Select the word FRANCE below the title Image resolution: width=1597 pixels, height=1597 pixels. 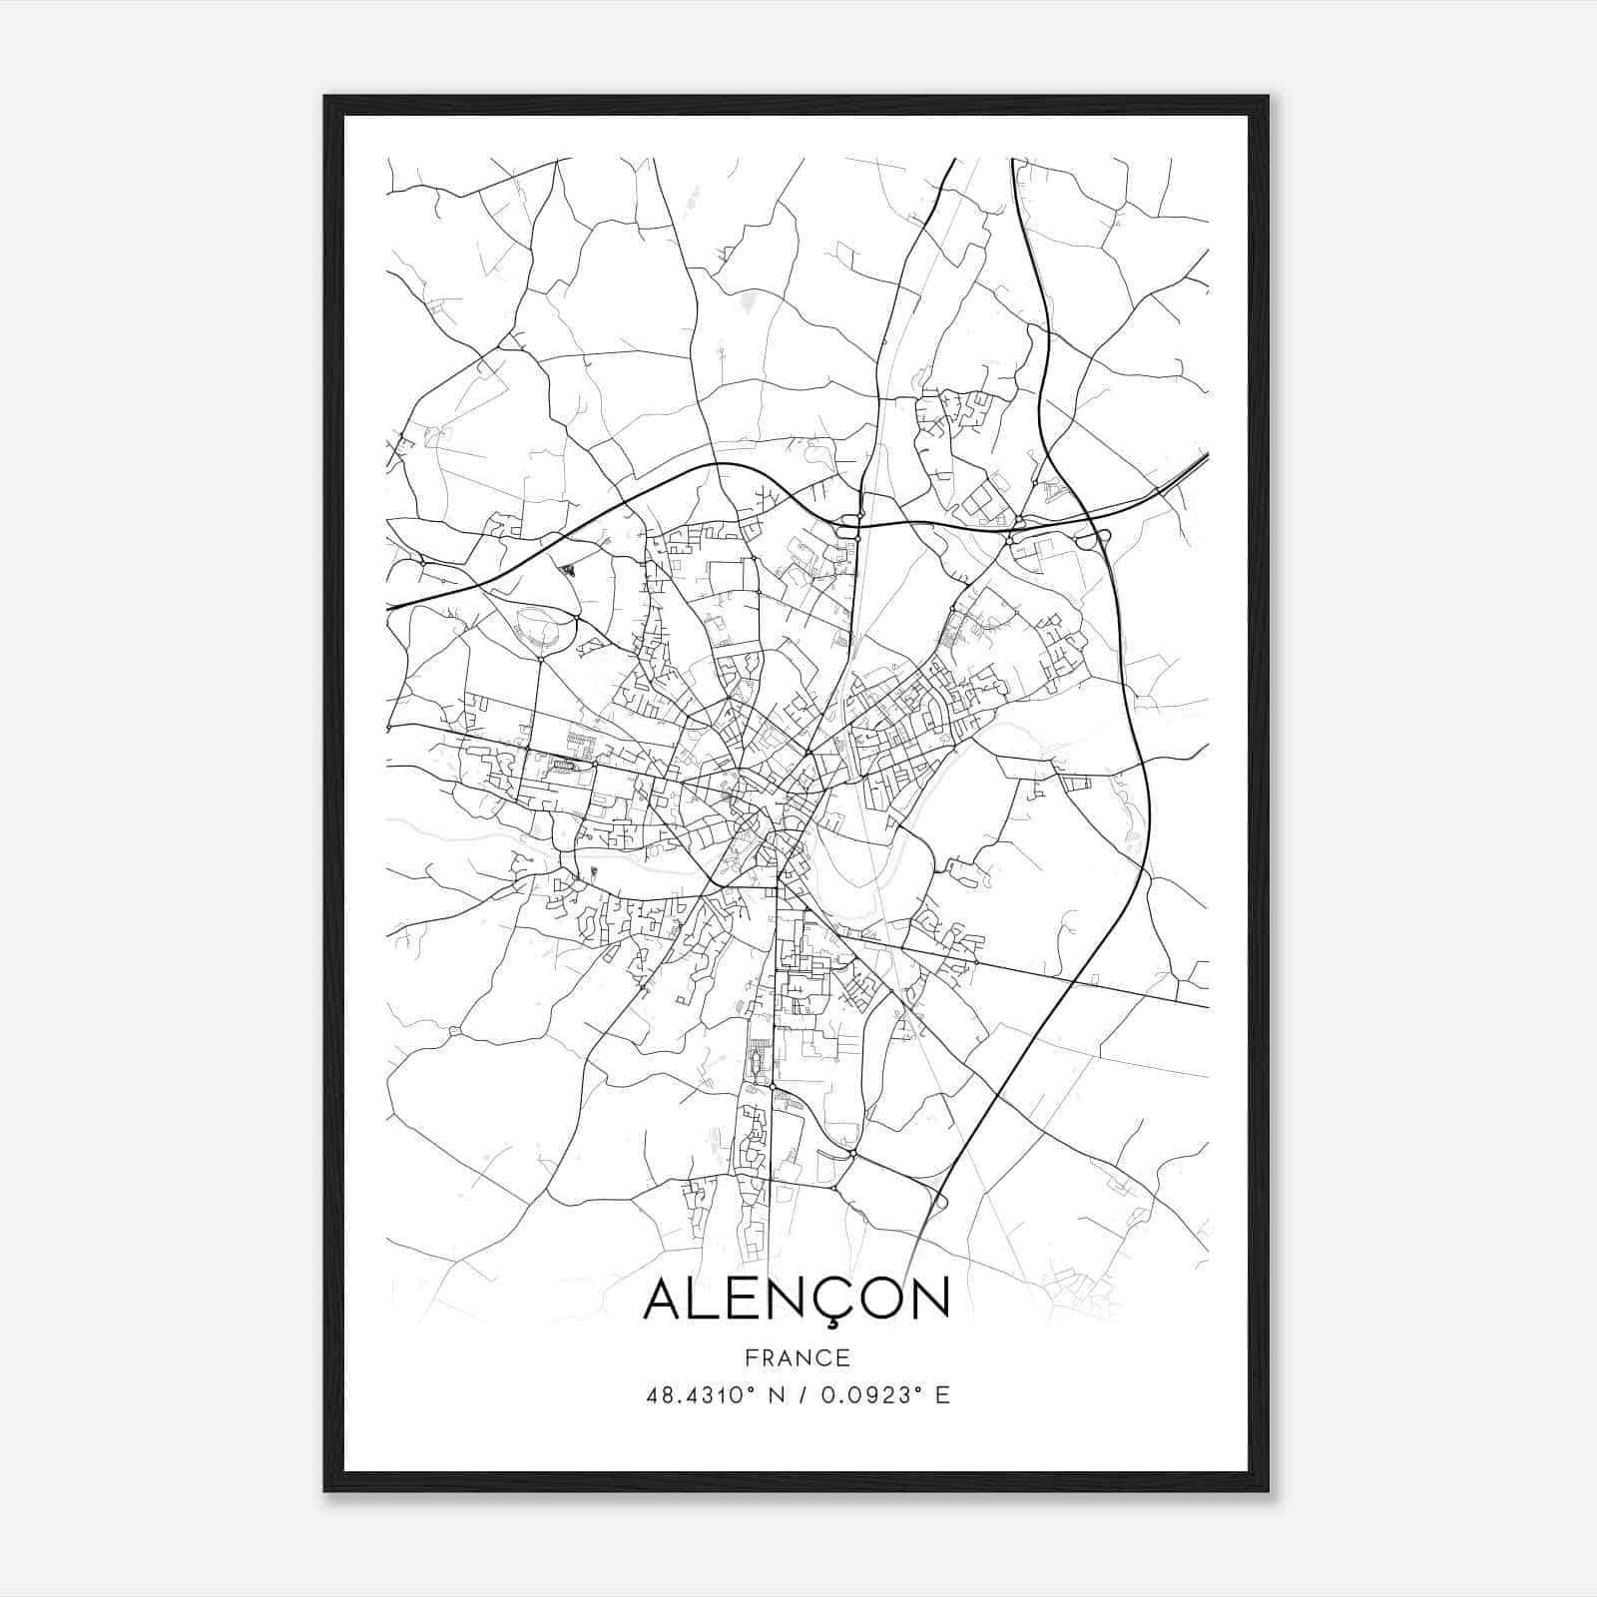[x=798, y=1357]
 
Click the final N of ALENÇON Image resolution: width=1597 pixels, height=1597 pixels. [x=929, y=1298]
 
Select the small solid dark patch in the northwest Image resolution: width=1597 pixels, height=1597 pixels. [x=568, y=571]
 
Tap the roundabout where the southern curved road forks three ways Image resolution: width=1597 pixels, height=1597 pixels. [x=853, y=1154]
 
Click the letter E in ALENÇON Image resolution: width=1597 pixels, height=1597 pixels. [x=751, y=1298]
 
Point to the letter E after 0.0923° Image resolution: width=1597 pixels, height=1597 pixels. [x=941, y=1395]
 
